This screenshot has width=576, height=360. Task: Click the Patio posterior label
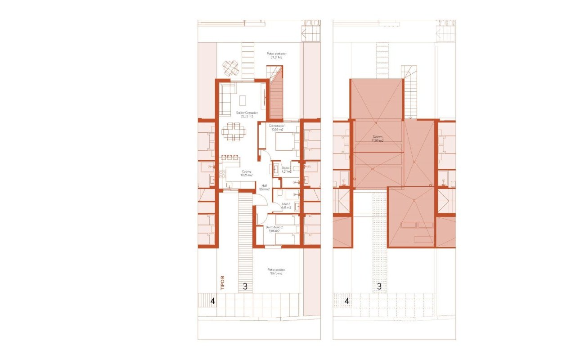click(x=276, y=55)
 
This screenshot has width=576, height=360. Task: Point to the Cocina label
click(x=246, y=173)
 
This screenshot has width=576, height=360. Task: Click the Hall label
click(x=264, y=187)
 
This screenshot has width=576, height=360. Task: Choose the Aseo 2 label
click(x=287, y=169)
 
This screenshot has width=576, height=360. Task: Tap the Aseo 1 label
click(x=286, y=206)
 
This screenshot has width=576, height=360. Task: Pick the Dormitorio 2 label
click(x=274, y=229)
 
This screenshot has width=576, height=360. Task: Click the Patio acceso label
click(x=276, y=271)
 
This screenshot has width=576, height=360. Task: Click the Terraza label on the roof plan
click(x=377, y=139)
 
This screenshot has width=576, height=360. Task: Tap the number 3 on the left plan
click(x=245, y=286)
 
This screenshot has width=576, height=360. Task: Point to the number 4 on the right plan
click(x=346, y=301)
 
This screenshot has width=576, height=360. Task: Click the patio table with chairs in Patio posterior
click(x=231, y=68)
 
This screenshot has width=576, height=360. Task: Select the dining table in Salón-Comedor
click(x=234, y=131)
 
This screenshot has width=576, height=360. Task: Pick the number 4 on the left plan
click(x=212, y=301)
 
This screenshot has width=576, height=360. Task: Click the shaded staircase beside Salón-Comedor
click(x=276, y=97)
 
